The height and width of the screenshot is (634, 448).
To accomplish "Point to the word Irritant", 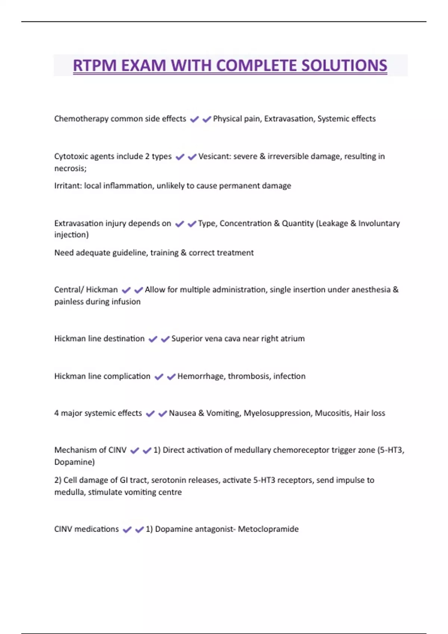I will [x=68, y=186].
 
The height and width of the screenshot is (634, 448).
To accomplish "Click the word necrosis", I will [x=70, y=168].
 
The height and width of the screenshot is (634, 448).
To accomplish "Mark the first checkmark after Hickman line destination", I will [x=153, y=339].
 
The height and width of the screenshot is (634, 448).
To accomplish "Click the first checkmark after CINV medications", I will [x=127, y=530].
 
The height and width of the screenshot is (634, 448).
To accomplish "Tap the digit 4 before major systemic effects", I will [x=56, y=413].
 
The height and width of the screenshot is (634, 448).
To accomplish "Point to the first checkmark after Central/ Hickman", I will [x=126, y=290].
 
